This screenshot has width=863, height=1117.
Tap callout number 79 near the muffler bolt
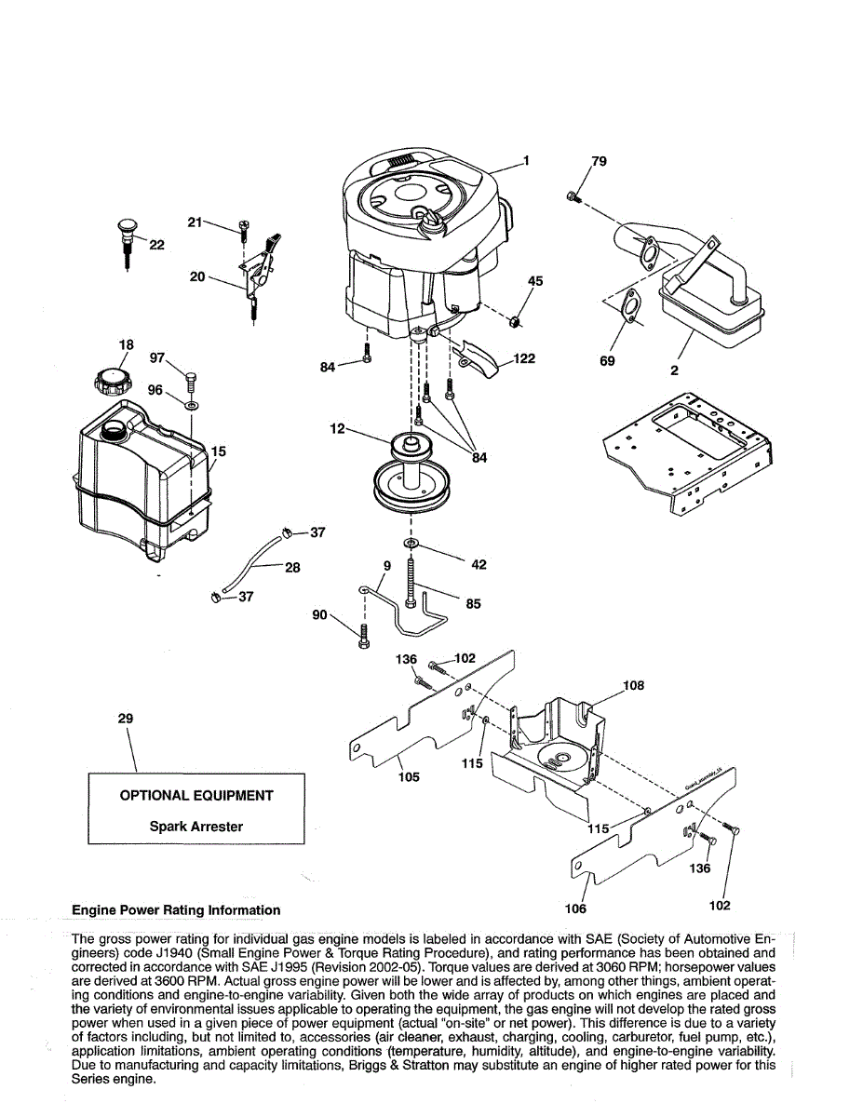599,162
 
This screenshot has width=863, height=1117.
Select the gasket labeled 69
630,308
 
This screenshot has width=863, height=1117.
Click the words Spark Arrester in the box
196,826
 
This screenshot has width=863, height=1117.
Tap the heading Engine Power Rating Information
176,910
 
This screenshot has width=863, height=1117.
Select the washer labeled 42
411,542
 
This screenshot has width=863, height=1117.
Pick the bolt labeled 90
364,637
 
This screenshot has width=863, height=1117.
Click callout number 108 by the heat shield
633,686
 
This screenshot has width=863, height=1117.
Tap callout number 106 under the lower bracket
575,908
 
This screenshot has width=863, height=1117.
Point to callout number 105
409,776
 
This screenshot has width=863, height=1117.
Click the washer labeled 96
191,406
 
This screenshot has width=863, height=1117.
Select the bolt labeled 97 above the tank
192,379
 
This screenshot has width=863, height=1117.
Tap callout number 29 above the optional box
126,719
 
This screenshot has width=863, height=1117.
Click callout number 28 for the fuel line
292,566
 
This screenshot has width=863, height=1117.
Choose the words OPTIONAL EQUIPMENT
196,796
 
